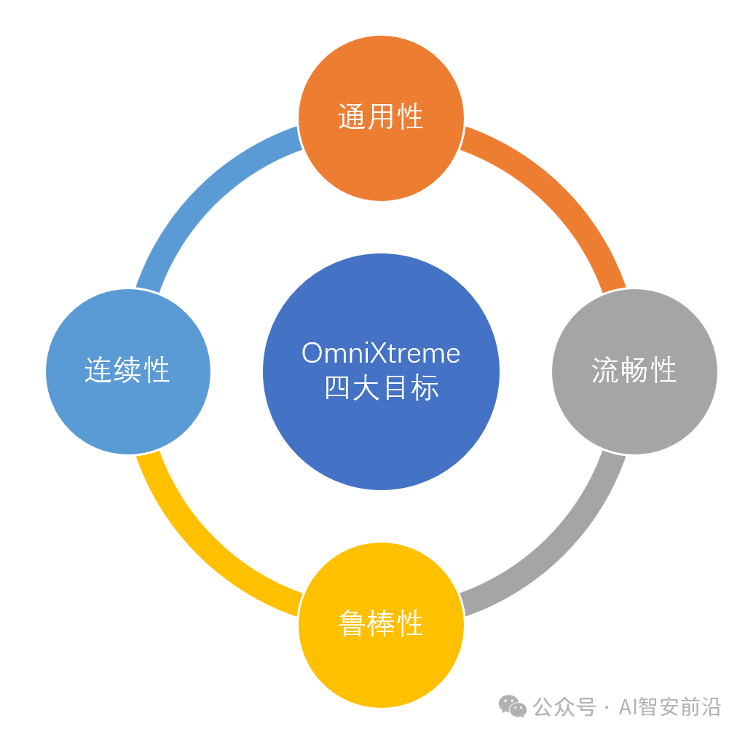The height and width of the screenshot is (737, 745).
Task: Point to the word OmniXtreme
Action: (x=381, y=354)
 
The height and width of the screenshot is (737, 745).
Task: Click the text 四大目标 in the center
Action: (x=381, y=388)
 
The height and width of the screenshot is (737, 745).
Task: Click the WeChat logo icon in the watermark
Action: (x=512, y=706)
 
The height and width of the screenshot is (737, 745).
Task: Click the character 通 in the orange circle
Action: (x=352, y=117)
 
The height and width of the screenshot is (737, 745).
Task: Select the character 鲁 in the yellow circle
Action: (x=352, y=624)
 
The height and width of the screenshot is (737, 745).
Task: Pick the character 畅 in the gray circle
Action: (x=634, y=371)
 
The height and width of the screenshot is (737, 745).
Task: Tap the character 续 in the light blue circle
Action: (x=127, y=371)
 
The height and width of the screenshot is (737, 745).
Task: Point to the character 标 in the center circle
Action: (x=425, y=388)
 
